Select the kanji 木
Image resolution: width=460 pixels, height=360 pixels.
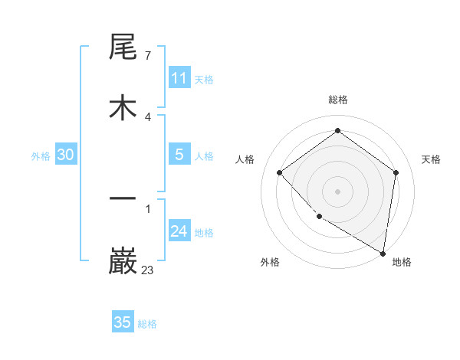click(123, 107)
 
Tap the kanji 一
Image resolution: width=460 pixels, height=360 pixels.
click(123, 199)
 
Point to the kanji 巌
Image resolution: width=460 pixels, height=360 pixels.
click(123, 260)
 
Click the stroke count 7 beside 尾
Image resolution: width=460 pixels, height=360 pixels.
click(147, 56)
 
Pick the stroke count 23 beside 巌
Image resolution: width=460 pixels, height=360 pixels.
click(148, 270)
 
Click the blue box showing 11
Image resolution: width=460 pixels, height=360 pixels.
click(179, 78)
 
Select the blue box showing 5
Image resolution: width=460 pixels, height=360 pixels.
click(179, 155)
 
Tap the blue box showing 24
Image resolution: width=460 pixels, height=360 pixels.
click(179, 231)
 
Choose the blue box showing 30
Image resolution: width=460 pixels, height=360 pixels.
click(65, 155)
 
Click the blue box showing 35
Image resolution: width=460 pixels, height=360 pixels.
click(123, 322)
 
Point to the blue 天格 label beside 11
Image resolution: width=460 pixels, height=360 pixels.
click(204, 80)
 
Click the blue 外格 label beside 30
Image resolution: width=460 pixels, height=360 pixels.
click(41, 156)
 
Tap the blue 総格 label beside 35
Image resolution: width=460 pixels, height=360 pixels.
click(147, 324)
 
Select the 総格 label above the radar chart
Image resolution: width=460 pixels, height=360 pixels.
click(337, 100)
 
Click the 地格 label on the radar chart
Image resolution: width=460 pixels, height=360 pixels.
click(402, 262)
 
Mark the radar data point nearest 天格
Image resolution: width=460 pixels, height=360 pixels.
click(396, 172)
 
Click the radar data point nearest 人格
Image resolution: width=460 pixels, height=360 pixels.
click(280, 172)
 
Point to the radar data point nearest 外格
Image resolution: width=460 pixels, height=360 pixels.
click(319, 217)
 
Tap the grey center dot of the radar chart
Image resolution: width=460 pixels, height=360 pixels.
click(337, 191)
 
